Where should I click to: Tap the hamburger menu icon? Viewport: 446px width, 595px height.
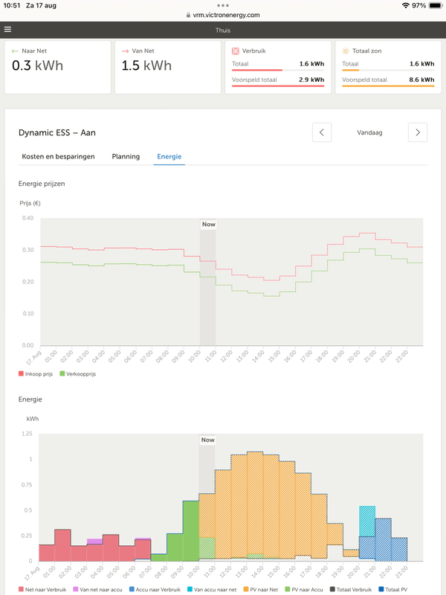(x=7, y=30)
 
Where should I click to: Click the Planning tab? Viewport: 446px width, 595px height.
(x=126, y=157)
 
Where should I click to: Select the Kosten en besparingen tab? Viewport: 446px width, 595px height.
(x=57, y=157)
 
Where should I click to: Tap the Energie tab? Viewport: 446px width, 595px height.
(x=169, y=157)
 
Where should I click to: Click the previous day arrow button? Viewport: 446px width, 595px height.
(x=321, y=132)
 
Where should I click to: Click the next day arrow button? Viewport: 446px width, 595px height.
(x=418, y=132)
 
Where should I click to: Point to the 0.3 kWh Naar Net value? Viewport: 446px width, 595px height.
(x=37, y=65)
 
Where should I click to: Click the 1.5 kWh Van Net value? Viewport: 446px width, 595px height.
(x=146, y=65)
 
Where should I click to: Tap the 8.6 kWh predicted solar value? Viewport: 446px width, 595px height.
(x=421, y=79)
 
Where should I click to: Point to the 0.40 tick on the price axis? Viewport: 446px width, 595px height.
(x=28, y=218)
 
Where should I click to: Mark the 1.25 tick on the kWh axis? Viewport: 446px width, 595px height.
(x=27, y=433)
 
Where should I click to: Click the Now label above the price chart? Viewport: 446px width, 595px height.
(x=208, y=224)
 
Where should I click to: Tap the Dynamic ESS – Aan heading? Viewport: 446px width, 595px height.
(x=56, y=132)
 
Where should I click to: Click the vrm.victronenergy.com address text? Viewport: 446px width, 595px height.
(x=227, y=15)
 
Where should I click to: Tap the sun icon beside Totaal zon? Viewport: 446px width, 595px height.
(x=346, y=51)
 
